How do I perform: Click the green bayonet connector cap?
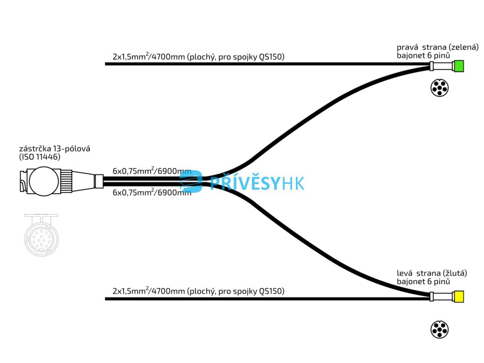click(x=458, y=66)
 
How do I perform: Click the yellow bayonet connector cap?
click(x=458, y=297)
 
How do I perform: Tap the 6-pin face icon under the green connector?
click(x=440, y=88)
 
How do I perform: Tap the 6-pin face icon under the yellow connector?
click(x=440, y=329)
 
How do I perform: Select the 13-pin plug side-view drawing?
click(x=59, y=181)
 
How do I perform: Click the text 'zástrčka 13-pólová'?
click(x=54, y=149)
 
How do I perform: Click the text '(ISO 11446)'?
click(x=40, y=157)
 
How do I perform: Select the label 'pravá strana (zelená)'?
click(x=438, y=47)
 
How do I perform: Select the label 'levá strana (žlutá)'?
click(x=432, y=273)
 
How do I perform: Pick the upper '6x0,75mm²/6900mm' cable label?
click(x=152, y=171)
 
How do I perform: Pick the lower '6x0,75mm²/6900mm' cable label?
click(x=152, y=192)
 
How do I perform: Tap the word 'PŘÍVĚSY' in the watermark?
click(x=245, y=182)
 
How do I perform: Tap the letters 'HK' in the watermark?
click(x=294, y=182)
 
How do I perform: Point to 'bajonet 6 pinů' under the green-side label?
click(x=423, y=55)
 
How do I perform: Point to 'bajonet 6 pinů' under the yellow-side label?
click(x=423, y=281)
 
